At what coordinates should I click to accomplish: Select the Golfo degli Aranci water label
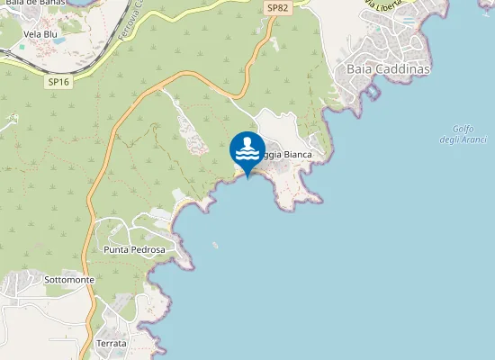pyautogui.click(x=463, y=134)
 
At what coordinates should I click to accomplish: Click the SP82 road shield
pyautogui.click(x=277, y=7)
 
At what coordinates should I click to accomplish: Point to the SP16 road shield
pyautogui.click(x=59, y=81)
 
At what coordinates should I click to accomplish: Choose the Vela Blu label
pyautogui.click(x=40, y=34)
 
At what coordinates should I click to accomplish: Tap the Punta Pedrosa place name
pyautogui.click(x=135, y=248)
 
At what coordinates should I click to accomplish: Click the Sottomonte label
pyautogui.click(x=69, y=280)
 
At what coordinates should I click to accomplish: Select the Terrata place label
pyautogui.click(x=112, y=344)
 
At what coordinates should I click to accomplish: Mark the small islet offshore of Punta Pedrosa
pyautogui.click(x=215, y=244)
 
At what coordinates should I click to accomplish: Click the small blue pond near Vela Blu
pyautogui.click(x=59, y=40)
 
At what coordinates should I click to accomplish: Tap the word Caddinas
pyautogui.click(x=407, y=68)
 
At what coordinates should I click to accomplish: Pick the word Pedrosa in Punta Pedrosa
pyautogui.click(x=148, y=248)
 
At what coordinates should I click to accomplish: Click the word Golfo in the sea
pyautogui.click(x=463, y=129)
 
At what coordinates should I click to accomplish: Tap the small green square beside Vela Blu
pyautogui.click(x=22, y=47)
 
